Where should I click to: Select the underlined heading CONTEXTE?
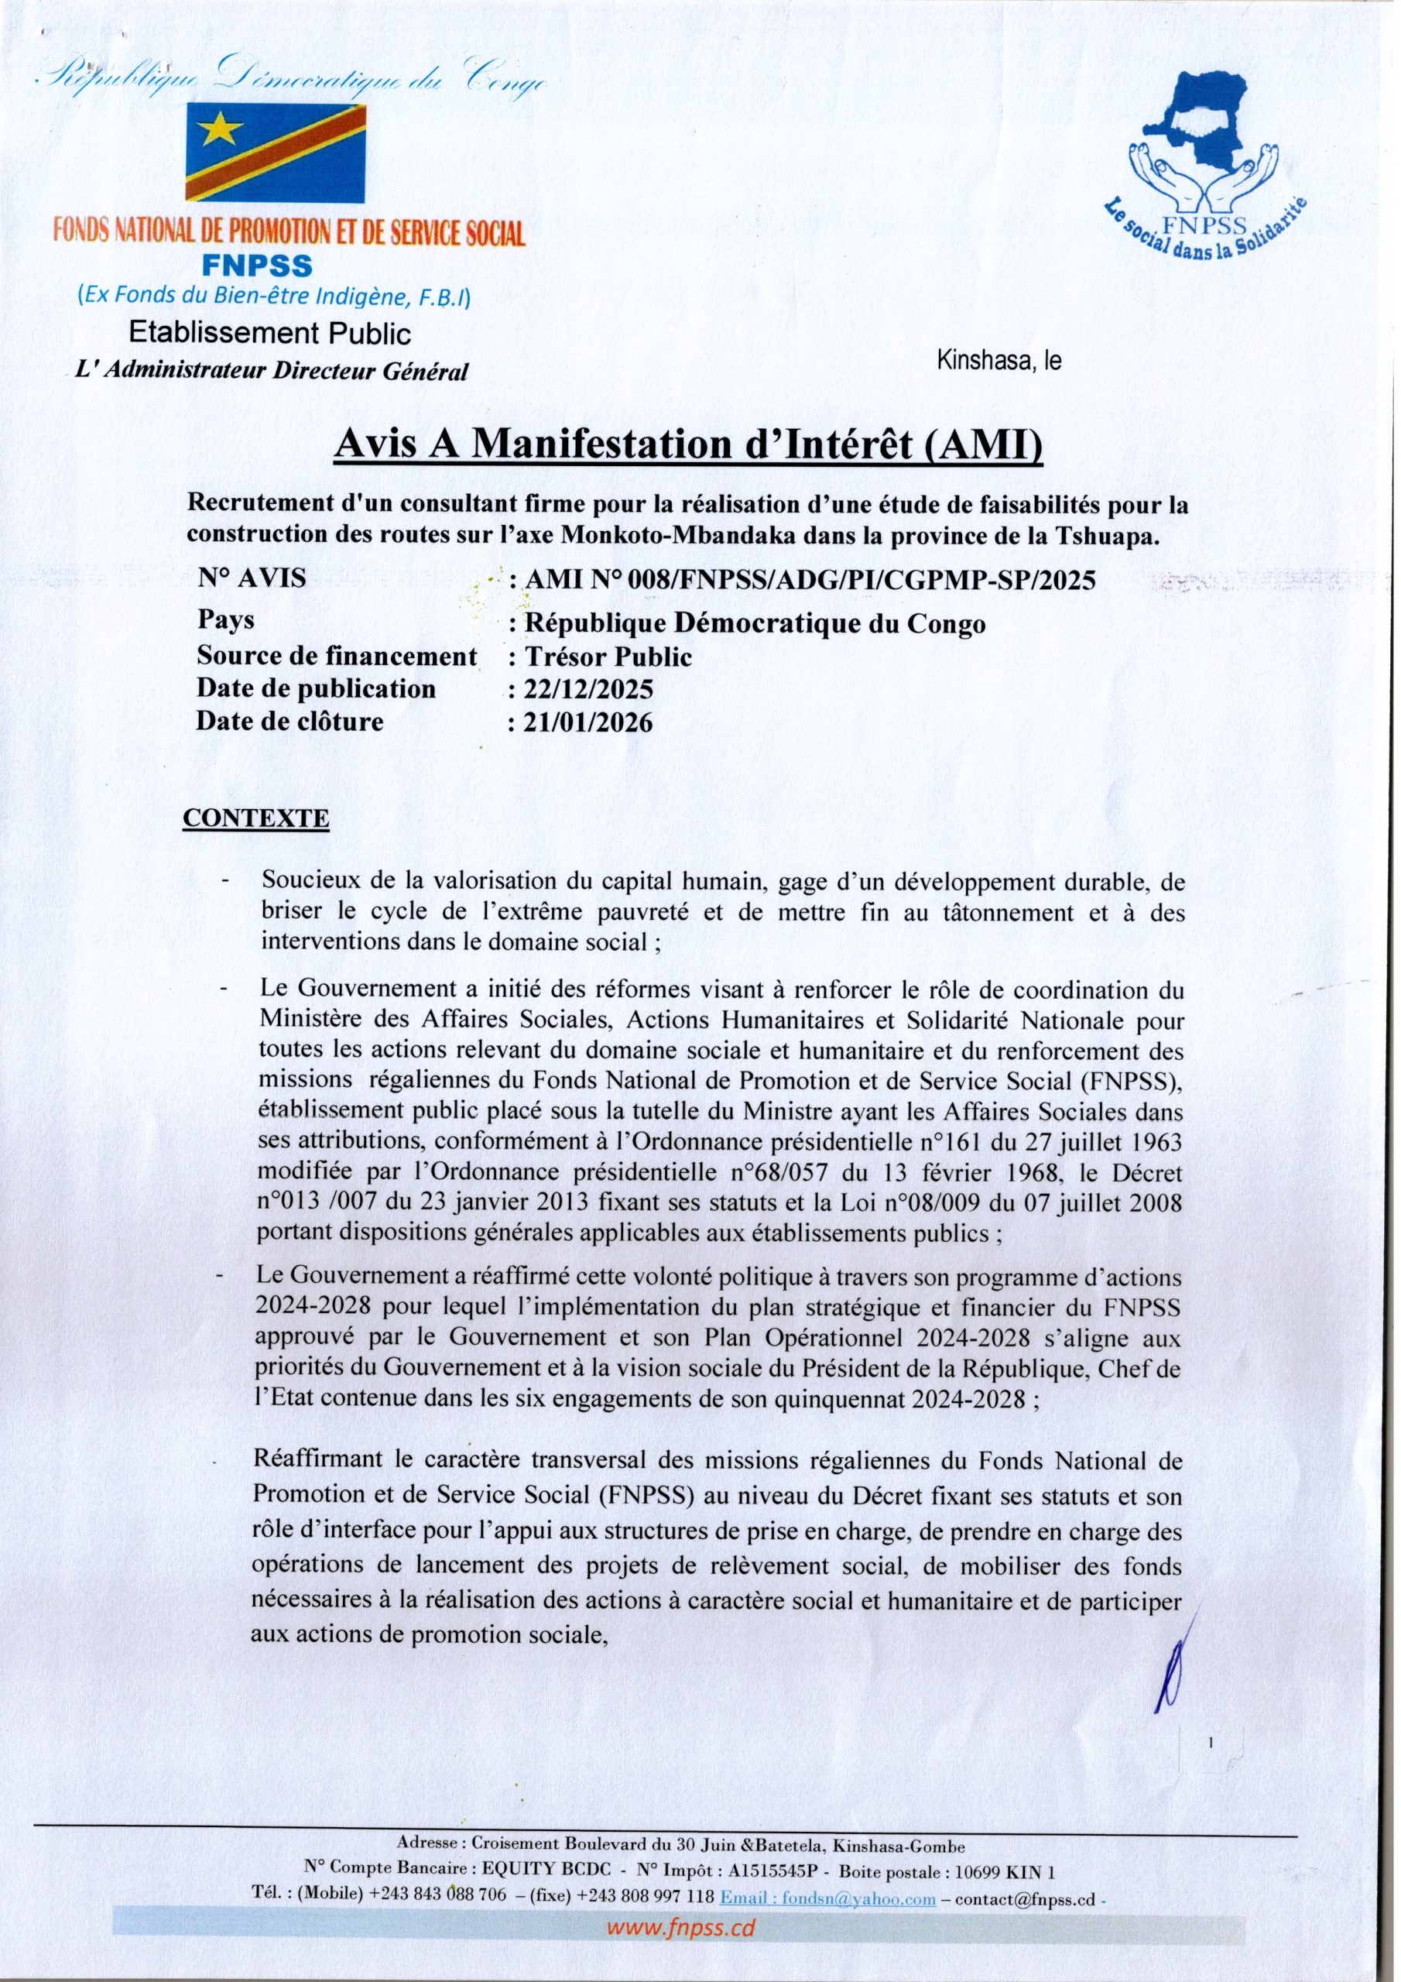(255, 818)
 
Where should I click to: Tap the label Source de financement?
(337, 656)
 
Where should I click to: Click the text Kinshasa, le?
(999, 361)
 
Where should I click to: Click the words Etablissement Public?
(270, 333)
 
